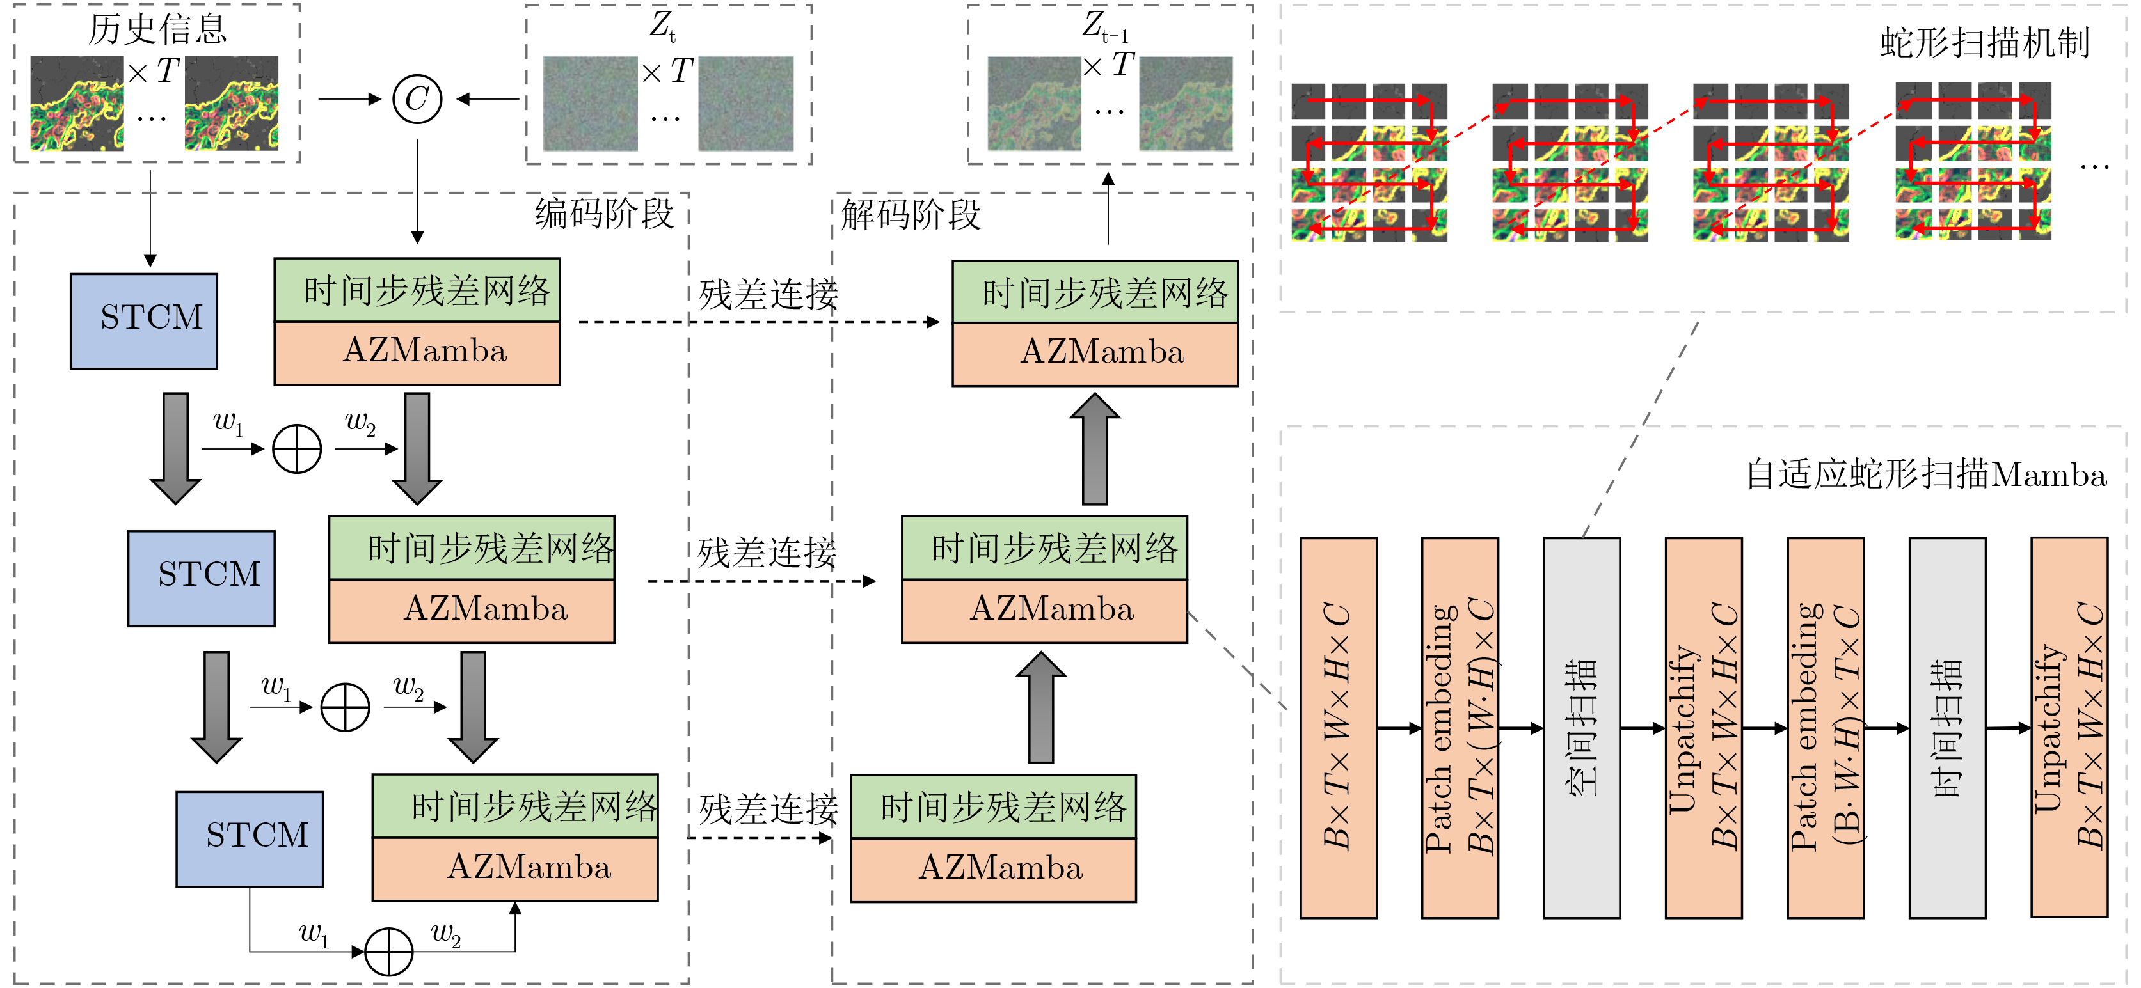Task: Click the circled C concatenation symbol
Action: [417, 100]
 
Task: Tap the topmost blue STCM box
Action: [144, 321]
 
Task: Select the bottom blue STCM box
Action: [250, 838]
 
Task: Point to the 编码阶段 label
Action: [604, 214]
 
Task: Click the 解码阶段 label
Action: [911, 214]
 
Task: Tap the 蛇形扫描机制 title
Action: [1984, 43]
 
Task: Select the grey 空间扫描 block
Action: [1581, 727]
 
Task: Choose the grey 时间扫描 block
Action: [1946, 727]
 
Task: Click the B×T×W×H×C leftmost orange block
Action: [1337, 727]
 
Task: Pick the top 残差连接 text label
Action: [768, 294]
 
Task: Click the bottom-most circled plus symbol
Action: [389, 951]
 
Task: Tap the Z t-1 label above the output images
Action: [1106, 25]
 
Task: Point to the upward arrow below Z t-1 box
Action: [1108, 208]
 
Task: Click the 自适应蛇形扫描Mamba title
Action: [1925, 475]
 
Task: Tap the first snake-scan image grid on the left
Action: [1369, 162]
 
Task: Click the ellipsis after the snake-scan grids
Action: [2094, 166]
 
